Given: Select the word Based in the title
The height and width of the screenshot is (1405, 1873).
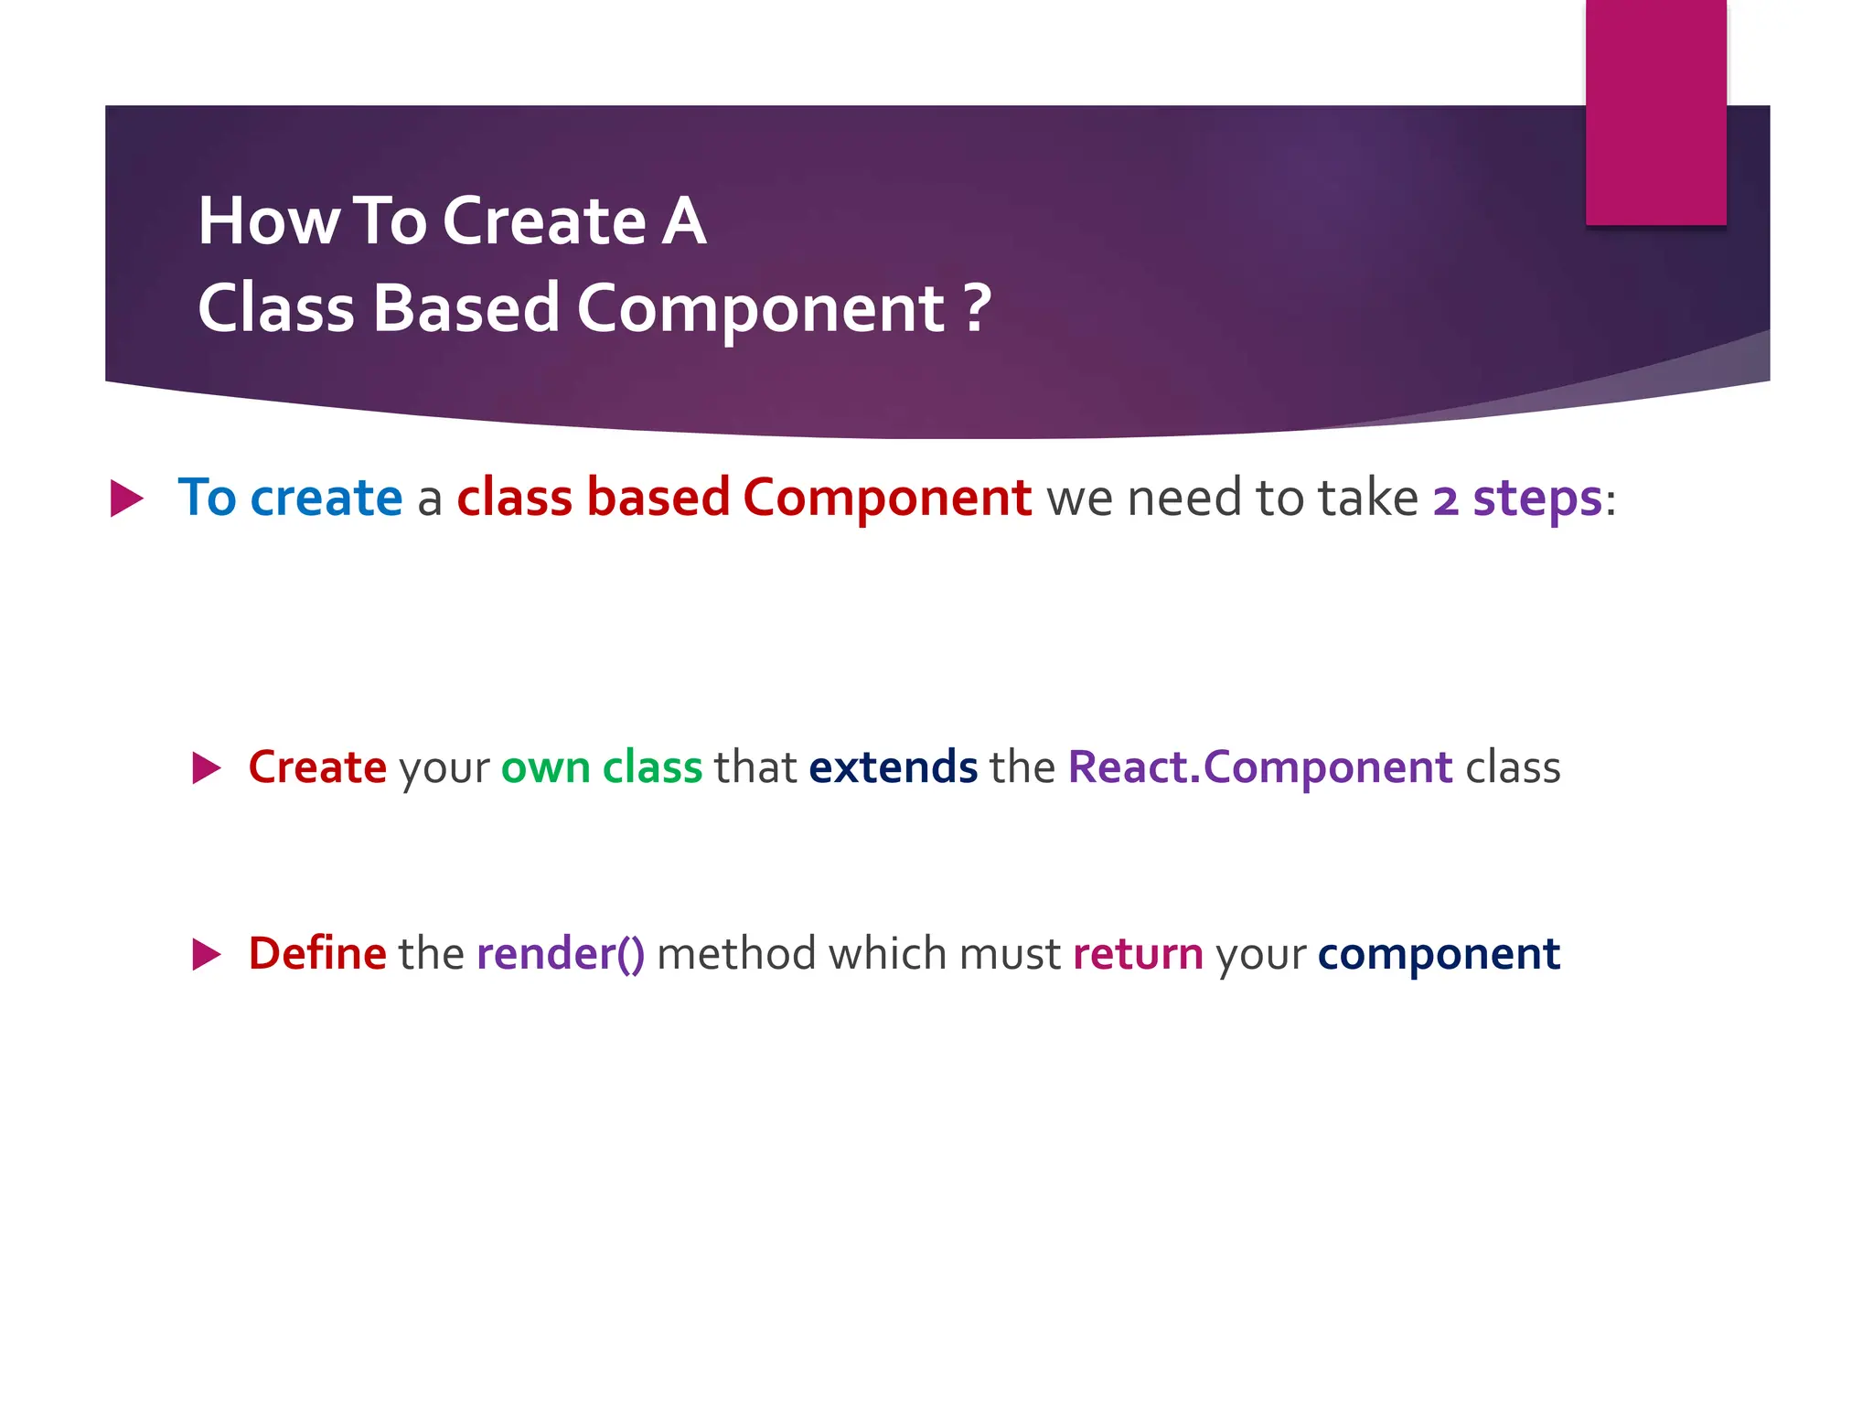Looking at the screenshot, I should point(466,308).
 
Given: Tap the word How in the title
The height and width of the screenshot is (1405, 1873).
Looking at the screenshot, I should point(268,221).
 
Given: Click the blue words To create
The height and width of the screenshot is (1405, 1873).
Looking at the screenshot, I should point(290,498).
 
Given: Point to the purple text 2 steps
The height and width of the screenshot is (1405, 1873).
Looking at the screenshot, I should point(1516,499).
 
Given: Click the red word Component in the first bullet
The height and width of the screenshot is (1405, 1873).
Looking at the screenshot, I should point(886,498).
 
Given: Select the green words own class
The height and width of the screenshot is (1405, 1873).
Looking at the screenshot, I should point(601,767).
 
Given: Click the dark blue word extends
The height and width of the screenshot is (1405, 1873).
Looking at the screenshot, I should point(893,767).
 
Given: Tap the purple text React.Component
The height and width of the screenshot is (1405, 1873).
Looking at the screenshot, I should point(1259,767).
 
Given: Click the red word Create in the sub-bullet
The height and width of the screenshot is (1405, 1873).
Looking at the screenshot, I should point(317,767).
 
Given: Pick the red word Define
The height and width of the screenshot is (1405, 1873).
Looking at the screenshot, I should point(317,953).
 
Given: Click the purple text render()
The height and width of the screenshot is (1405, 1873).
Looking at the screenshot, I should point(561,954).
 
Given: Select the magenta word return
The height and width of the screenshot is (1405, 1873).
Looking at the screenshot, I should point(1138,954).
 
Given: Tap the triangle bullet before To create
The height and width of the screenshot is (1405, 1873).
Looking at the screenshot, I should point(126,499).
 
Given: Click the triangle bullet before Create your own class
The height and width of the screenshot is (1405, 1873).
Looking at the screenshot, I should point(206,767).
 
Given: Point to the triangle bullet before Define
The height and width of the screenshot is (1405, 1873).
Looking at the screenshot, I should point(206,954).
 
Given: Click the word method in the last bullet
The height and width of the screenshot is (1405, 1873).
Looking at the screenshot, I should point(735,954).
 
